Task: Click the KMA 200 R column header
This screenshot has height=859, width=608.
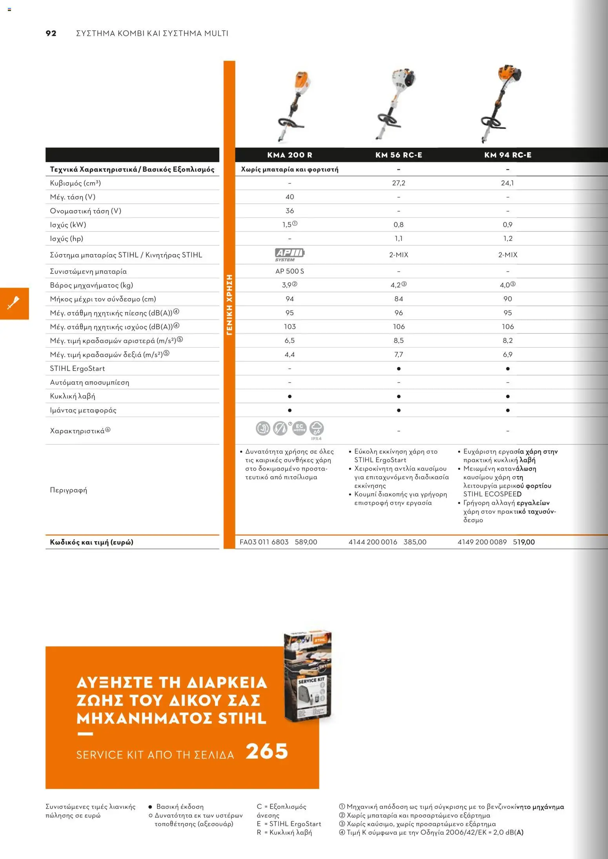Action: point(289,155)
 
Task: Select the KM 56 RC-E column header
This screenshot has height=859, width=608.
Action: point(399,155)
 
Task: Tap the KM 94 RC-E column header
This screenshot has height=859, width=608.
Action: point(508,155)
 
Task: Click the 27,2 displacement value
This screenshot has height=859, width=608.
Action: point(399,183)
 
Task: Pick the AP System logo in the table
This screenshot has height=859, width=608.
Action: point(289,254)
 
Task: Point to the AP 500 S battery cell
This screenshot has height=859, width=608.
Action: point(289,271)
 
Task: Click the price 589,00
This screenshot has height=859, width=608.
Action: point(306,542)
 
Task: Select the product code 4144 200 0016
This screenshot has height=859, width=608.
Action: point(373,542)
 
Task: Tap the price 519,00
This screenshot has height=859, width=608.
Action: point(524,542)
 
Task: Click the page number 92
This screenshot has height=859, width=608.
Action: point(51,33)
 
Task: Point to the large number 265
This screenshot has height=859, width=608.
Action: point(267,751)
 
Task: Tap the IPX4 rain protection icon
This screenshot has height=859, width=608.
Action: point(317,429)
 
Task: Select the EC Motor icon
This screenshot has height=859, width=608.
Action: point(299,428)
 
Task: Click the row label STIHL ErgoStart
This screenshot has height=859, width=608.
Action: point(77,368)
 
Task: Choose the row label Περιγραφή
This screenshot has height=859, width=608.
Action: point(68,490)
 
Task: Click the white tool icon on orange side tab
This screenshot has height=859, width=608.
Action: point(14,303)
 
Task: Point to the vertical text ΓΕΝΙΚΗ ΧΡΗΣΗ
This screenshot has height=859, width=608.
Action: point(229,305)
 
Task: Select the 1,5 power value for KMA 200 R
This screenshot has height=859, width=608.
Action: point(287,225)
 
